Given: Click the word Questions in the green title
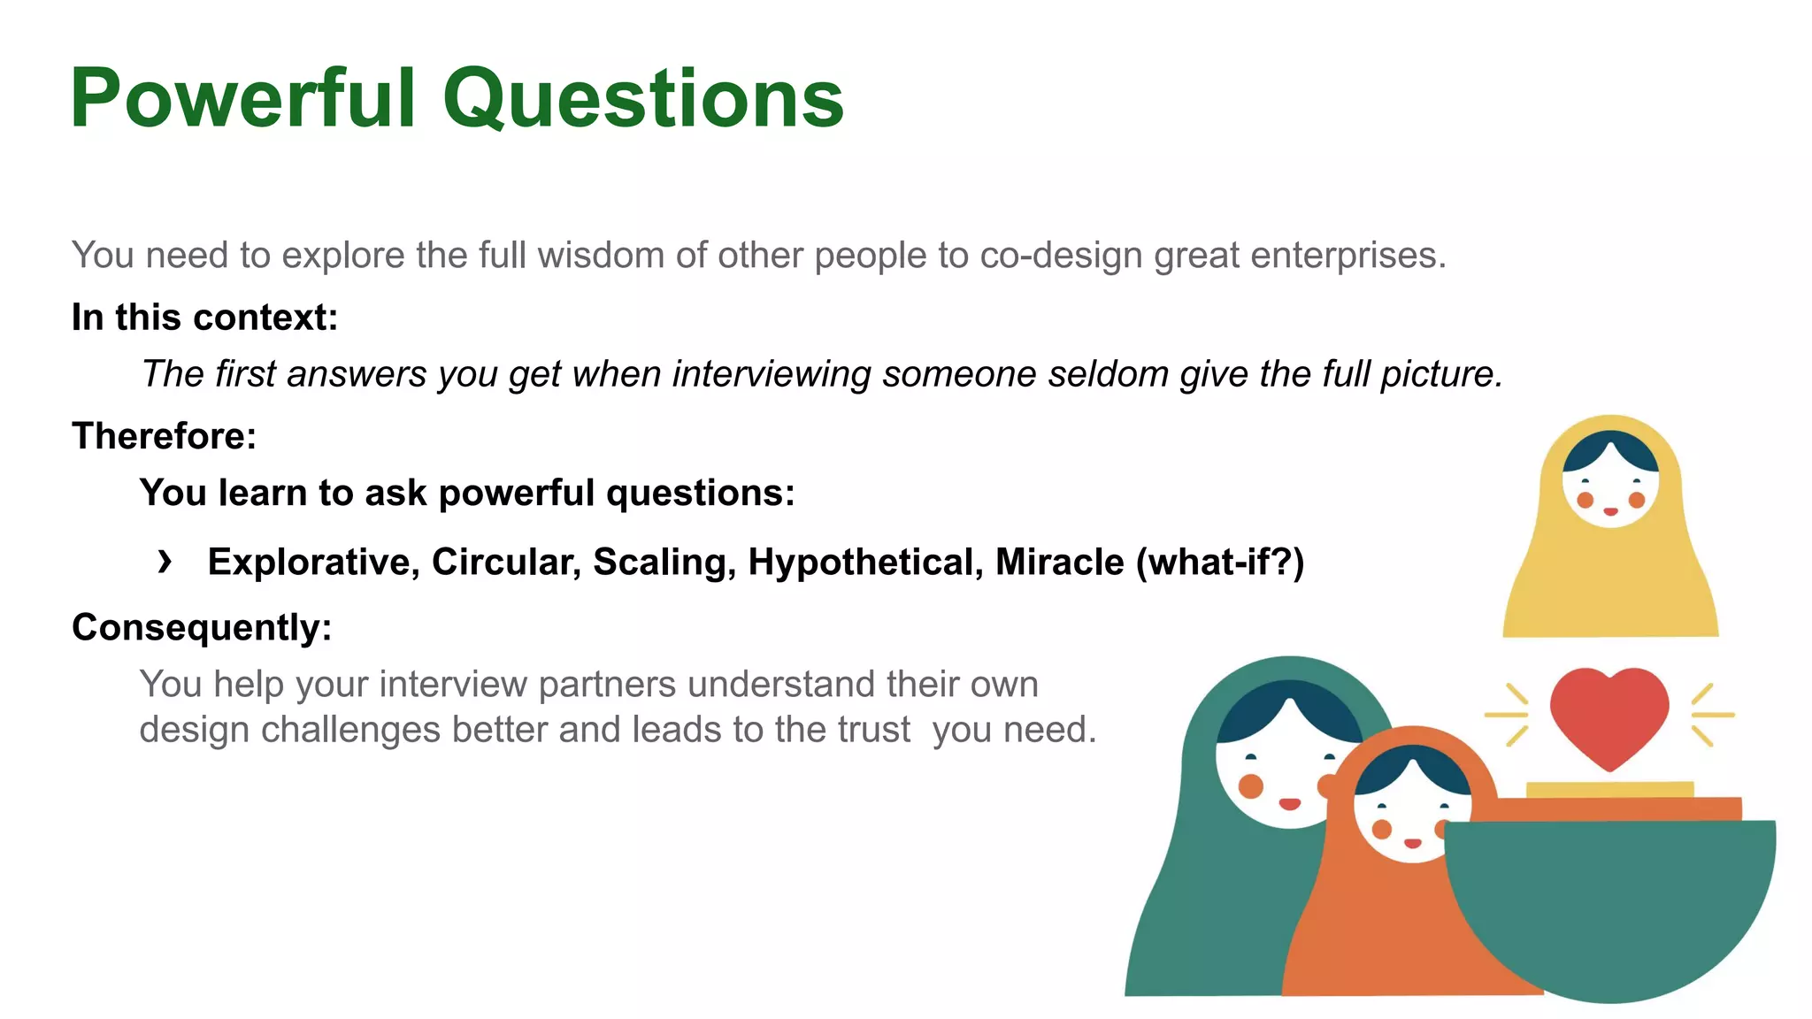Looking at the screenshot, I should coord(643,99).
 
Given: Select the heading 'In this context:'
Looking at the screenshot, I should coord(204,318).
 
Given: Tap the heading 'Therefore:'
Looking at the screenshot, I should coord(164,436).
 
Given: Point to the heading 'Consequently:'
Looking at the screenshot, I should coord(202,627).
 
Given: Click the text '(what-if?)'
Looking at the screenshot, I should coord(1220,563).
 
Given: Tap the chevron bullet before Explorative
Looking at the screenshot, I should coord(165,561).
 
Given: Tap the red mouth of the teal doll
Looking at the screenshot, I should coord(1290,804).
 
